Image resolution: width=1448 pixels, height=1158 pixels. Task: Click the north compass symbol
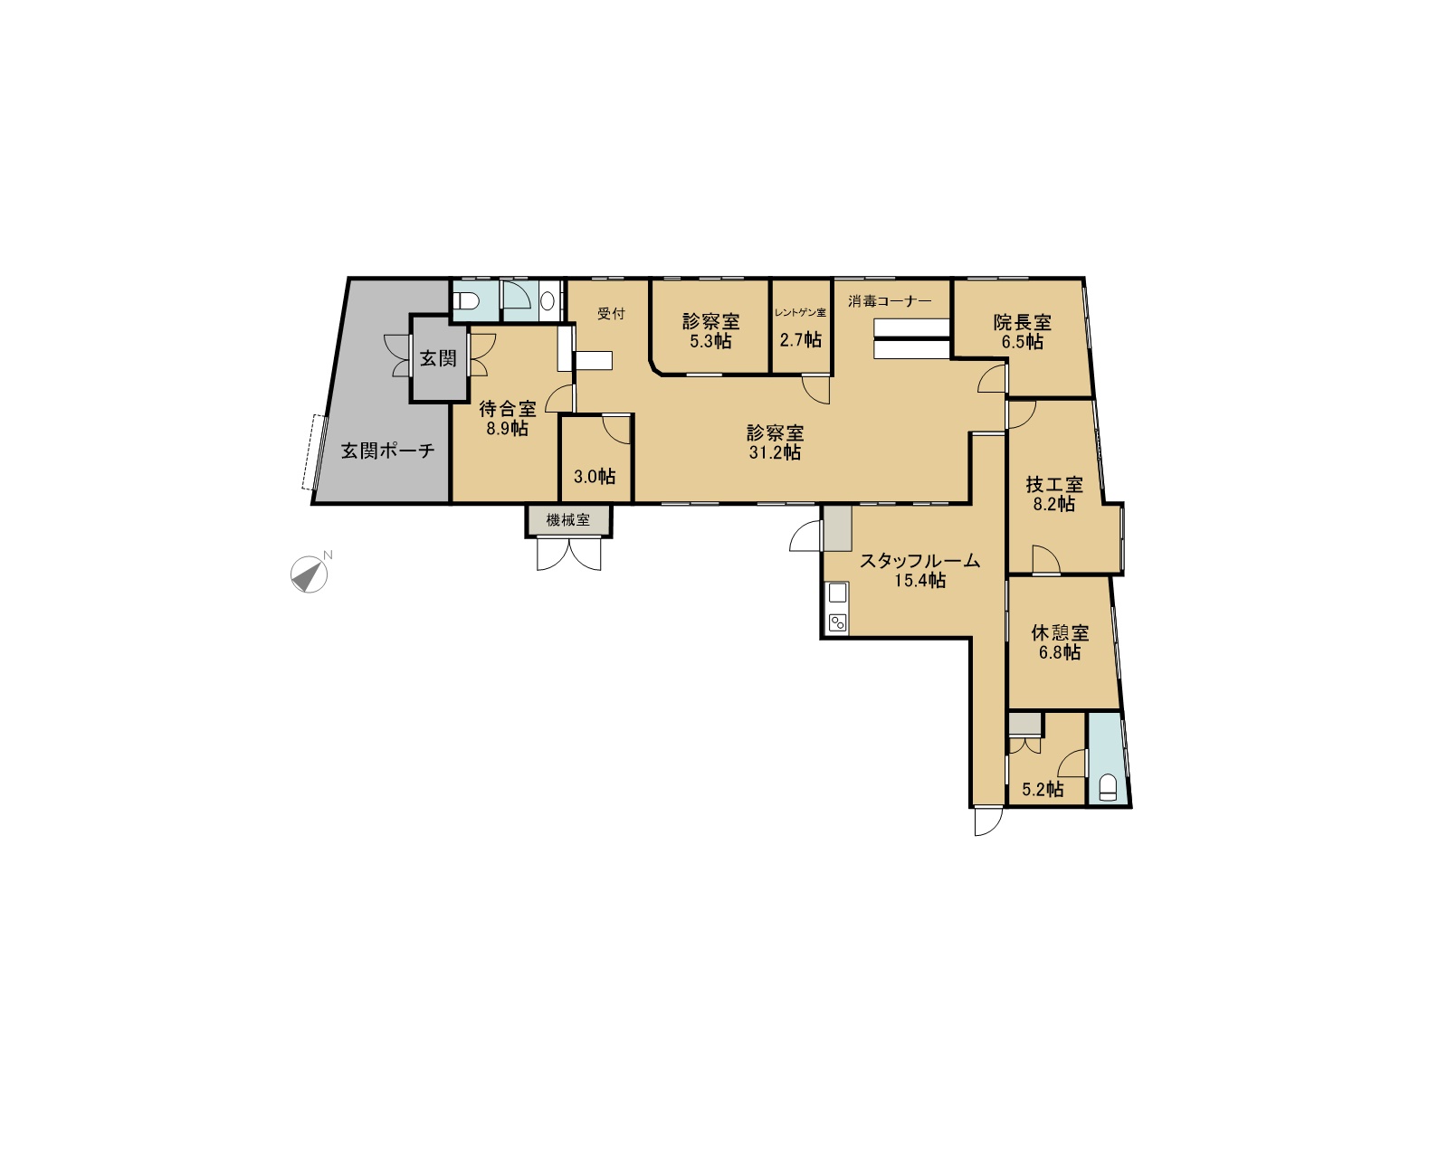tap(309, 574)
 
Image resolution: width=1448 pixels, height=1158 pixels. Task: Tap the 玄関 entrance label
tap(438, 358)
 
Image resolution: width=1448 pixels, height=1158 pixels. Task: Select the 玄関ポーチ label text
tap(387, 451)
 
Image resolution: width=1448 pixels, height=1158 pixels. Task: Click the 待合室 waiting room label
tap(508, 408)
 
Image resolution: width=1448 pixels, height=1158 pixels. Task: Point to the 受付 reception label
tap(611, 314)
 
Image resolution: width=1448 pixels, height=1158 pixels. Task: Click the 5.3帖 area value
tap(710, 341)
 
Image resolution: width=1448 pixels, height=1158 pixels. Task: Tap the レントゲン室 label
tap(800, 313)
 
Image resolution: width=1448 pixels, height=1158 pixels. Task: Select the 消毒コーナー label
tap(890, 300)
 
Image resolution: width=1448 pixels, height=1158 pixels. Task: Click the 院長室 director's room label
tap(1022, 322)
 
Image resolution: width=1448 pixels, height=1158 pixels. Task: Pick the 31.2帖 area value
tap(776, 452)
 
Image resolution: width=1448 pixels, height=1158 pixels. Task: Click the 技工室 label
tap(1054, 485)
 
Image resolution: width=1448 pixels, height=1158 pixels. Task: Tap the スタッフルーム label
tap(919, 561)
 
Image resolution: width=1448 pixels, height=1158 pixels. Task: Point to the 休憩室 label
tap(1060, 632)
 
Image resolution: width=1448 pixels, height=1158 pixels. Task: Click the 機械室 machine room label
tap(568, 519)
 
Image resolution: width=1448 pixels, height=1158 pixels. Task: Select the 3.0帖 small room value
tap(595, 477)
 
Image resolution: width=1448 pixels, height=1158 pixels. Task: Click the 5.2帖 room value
tap(1043, 789)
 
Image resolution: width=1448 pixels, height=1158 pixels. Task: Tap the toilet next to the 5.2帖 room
tap(1107, 786)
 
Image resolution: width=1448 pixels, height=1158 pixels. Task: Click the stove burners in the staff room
tap(837, 622)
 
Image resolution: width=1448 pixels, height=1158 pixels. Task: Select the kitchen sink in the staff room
tap(837, 593)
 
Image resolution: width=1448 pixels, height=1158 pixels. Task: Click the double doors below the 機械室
tap(568, 555)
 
